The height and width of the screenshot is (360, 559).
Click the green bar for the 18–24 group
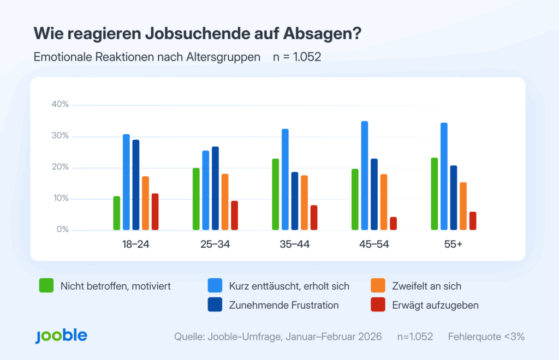(x=117, y=213)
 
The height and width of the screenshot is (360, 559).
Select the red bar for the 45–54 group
(x=393, y=224)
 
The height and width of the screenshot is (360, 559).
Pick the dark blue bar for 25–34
(x=215, y=188)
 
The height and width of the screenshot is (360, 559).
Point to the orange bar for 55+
(x=463, y=206)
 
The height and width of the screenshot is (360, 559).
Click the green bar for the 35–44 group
(x=275, y=194)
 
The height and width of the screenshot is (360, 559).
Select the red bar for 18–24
(x=155, y=212)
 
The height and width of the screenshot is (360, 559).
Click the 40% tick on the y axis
(x=60, y=105)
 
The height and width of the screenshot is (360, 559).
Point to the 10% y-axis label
(x=60, y=199)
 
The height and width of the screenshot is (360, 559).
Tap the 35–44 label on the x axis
(x=295, y=244)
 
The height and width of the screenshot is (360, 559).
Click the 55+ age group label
(x=453, y=244)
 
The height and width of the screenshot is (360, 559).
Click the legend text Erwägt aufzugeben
(x=436, y=305)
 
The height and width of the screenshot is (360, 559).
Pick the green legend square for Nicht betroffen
(x=46, y=286)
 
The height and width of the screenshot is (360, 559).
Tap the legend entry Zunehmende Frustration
(x=284, y=305)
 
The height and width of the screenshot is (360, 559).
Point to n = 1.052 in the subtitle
(x=297, y=57)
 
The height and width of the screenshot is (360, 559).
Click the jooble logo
(x=61, y=336)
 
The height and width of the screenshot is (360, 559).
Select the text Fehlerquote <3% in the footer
(x=486, y=337)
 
